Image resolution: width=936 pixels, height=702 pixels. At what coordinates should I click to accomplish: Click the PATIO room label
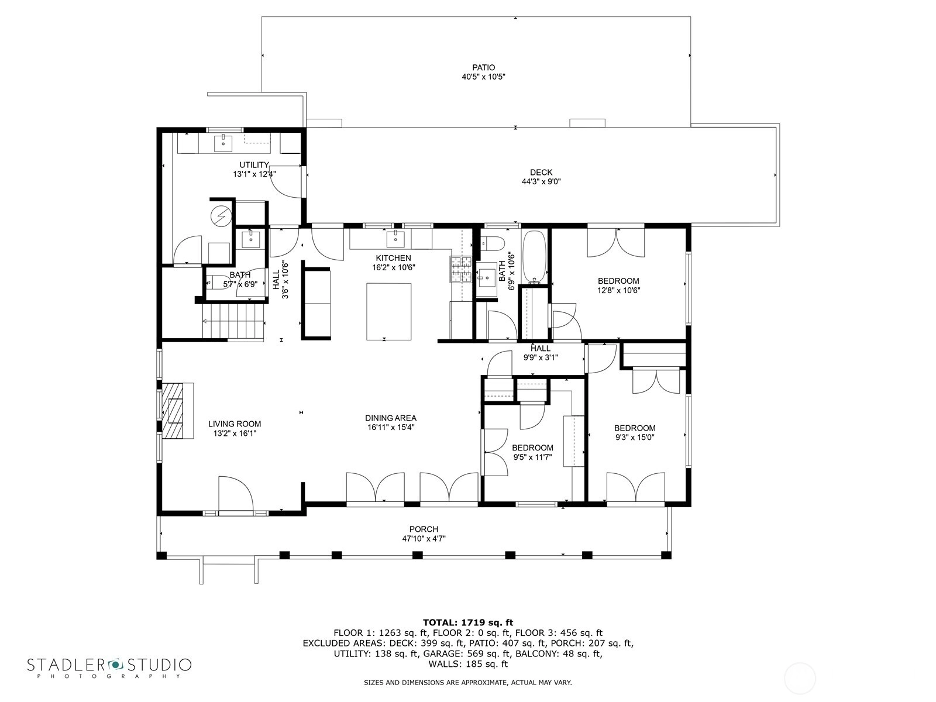click(483, 67)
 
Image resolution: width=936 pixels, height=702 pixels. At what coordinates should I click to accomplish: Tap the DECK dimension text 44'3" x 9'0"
click(541, 181)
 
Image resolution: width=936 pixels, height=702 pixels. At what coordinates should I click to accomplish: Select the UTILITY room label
click(254, 165)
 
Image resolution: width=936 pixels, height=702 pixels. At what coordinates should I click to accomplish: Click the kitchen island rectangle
click(389, 312)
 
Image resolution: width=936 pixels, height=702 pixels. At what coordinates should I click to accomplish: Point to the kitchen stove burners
click(461, 269)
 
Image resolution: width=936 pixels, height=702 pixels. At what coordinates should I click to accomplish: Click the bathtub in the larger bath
click(534, 257)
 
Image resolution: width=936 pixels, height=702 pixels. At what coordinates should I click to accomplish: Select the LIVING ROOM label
click(235, 424)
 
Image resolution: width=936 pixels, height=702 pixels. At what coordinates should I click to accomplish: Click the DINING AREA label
click(391, 418)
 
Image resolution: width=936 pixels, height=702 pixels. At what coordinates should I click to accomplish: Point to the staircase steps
click(233, 322)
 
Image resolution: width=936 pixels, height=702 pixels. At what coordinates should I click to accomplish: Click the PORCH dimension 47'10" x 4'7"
click(424, 538)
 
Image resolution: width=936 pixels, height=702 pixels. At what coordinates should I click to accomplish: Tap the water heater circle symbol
click(221, 216)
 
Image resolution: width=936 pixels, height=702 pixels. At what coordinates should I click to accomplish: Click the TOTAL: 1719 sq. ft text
click(468, 622)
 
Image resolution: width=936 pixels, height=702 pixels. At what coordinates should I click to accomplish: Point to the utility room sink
click(223, 143)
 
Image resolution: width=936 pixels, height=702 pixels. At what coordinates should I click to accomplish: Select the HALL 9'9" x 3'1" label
click(541, 353)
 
